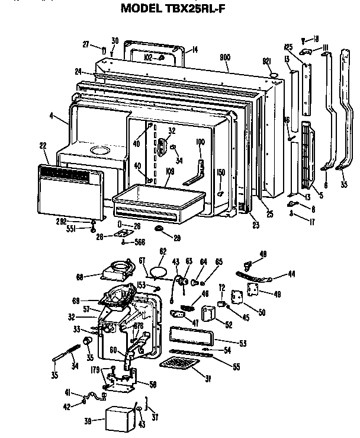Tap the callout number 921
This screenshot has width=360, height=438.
(x=267, y=61)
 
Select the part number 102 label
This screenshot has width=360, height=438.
(x=149, y=57)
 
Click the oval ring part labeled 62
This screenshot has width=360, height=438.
(x=157, y=271)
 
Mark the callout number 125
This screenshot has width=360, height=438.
(x=290, y=46)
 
